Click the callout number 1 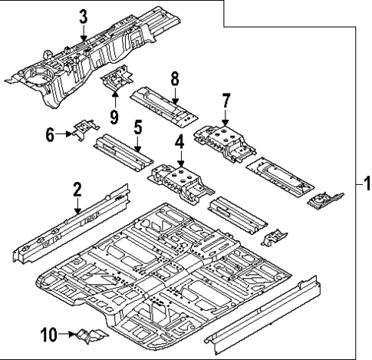tap(366, 184)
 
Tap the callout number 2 tap(77, 189)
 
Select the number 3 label tap(83, 15)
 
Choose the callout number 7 tap(226, 99)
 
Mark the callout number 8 tap(175, 78)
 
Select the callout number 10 tap(48, 334)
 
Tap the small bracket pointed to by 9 tap(117, 78)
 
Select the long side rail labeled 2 tap(69, 226)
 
